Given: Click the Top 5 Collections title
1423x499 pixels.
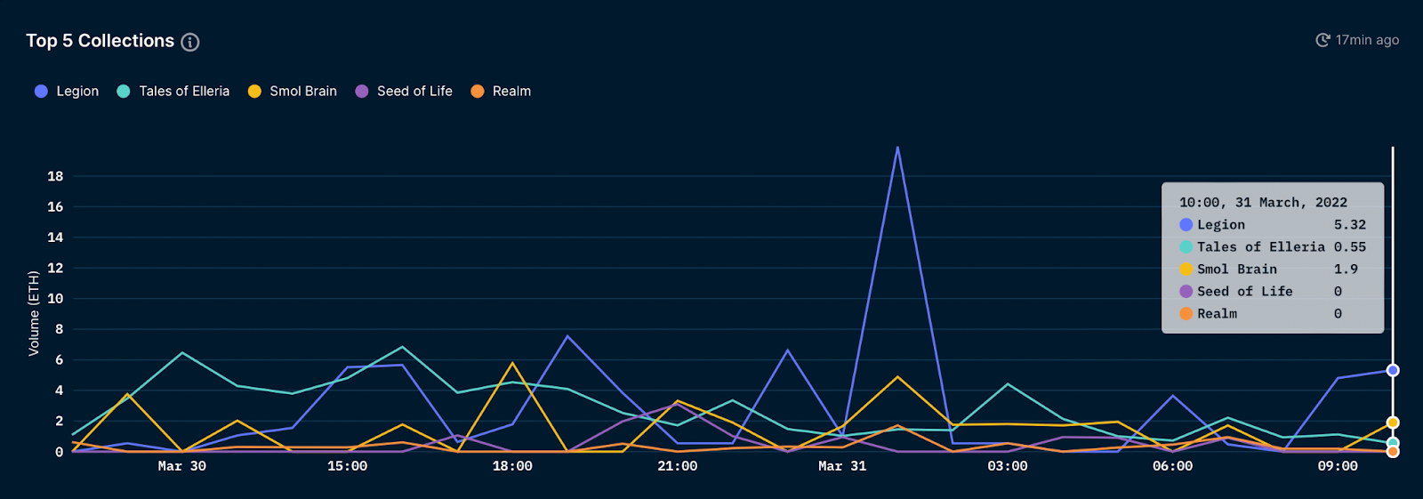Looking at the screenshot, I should click(100, 41).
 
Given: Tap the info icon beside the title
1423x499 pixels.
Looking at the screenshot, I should click(190, 42).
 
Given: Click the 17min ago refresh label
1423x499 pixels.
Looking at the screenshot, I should click(1357, 40).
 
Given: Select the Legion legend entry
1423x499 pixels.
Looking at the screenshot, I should click(68, 91).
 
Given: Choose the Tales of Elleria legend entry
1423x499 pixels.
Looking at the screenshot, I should click(173, 91).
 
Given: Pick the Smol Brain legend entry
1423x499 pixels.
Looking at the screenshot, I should click(293, 91).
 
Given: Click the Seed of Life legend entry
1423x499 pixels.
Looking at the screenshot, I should click(404, 91).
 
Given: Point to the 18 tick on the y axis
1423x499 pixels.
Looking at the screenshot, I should click(55, 176).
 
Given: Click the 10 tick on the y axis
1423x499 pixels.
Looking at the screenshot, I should click(55, 299).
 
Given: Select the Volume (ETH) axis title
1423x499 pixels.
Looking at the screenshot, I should click(34, 313).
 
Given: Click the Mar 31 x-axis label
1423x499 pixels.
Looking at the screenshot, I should click(841, 466).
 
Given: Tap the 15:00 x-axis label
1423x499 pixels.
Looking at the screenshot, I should click(347, 466).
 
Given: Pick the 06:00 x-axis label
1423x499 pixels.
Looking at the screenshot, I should click(1172, 466).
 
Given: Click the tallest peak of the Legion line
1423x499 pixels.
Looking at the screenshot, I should click(897, 148).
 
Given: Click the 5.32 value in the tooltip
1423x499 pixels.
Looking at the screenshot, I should click(1349, 225).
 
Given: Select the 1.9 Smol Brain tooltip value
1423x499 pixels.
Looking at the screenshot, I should click(1346, 270).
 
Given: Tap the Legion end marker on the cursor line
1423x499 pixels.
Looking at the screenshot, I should click(1393, 370).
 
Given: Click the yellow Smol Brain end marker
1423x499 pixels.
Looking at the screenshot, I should click(1393, 423).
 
